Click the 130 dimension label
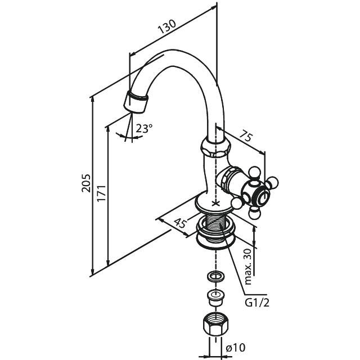pos(167,26)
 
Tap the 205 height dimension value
pos(86,183)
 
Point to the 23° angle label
pos(144,128)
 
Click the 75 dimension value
pos(246,136)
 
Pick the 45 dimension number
pos(180,223)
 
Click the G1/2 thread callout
pos(257,303)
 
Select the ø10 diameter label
pos(236,348)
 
